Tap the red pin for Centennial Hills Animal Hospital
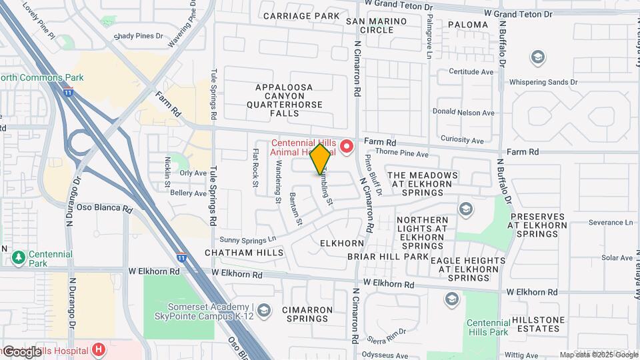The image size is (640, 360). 347,146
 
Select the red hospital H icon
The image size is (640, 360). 99,349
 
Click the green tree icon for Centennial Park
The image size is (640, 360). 19,255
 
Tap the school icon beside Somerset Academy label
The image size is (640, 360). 265,310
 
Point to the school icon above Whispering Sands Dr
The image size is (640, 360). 537,58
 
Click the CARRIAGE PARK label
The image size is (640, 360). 301,15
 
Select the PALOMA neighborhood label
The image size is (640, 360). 468,25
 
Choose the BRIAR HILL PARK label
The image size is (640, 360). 387,256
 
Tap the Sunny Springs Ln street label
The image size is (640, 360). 247,239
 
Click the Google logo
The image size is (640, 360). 22,351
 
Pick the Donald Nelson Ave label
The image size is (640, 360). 463,112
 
